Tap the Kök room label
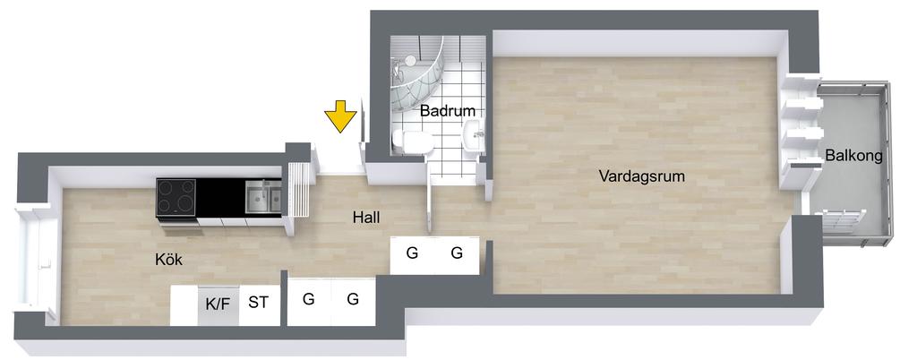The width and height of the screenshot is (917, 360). (169, 260)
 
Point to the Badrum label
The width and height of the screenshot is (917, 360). (447, 111)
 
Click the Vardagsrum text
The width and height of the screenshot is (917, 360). (641, 176)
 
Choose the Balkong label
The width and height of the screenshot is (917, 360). (853, 156)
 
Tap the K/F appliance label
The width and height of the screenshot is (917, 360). (218, 303)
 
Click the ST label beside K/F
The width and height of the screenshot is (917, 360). (258, 303)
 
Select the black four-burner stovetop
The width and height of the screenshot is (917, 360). (176, 196)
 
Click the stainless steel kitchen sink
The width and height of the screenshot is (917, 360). (263, 196)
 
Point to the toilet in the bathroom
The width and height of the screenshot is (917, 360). (415, 142)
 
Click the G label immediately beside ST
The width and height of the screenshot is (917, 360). (308, 299)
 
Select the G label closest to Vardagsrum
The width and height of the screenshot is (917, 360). (457, 253)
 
